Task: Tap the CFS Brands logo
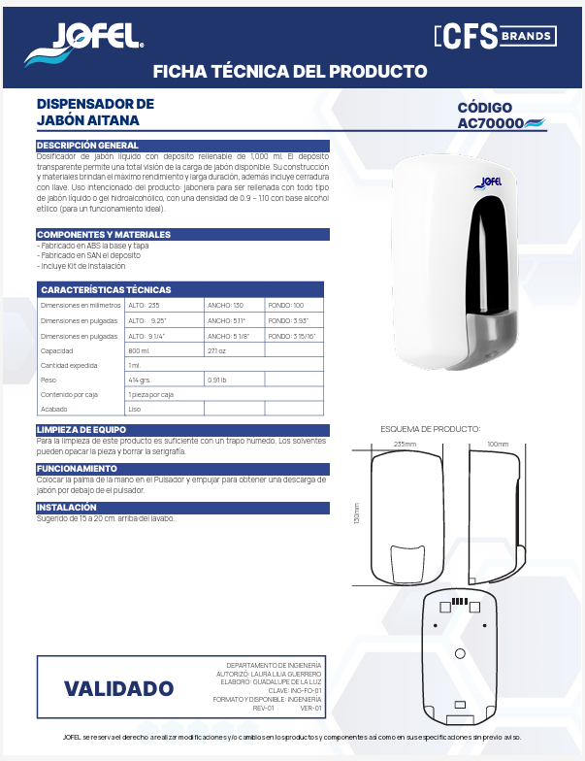click(495, 37)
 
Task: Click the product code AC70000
click(491, 123)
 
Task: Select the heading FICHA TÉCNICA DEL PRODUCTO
click(291, 72)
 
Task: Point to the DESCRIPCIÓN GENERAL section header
click(87, 146)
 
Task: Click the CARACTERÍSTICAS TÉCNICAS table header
click(106, 289)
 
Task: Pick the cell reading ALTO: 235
click(144, 306)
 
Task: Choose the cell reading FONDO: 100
click(285, 306)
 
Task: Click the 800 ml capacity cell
click(139, 350)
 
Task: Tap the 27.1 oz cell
click(216, 350)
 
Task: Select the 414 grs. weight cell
click(141, 380)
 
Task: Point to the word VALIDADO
click(118, 689)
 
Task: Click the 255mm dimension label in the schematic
click(405, 444)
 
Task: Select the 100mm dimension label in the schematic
click(498, 444)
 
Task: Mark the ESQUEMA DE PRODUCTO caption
click(430, 428)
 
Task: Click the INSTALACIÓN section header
click(67, 507)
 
